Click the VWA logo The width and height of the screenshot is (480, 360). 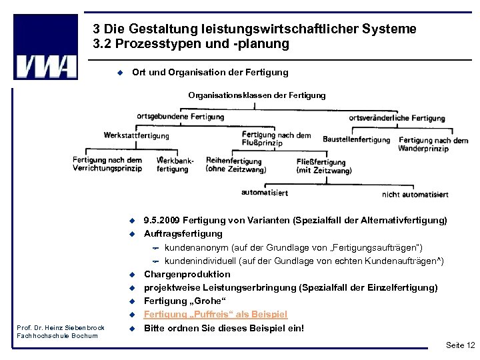coord(45,48)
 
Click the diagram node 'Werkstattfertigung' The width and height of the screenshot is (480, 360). coord(137,135)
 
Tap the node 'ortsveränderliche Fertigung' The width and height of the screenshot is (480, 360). coord(397,118)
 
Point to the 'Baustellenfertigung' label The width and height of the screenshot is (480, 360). coord(356,139)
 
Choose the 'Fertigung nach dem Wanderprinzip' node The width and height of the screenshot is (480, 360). coord(433,145)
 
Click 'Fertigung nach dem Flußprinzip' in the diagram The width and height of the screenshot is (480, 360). coord(276,139)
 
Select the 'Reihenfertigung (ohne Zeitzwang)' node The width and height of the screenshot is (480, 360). coord(236,165)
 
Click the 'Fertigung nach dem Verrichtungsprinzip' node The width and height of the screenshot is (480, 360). coord(107,164)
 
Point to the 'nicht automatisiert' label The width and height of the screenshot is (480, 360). coord(415,195)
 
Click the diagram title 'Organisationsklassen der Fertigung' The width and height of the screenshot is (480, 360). coord(257,95)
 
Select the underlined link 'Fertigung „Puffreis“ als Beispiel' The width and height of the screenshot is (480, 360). coord(215,314)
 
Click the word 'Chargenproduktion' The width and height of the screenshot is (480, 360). coord(187,274)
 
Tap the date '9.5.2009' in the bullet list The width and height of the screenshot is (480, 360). coord(162,220)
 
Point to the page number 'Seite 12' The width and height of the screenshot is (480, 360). coord(460,345)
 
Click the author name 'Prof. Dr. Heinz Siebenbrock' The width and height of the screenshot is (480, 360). coord(61,327)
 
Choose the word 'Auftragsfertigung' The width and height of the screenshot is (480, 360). coord(183,233)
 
